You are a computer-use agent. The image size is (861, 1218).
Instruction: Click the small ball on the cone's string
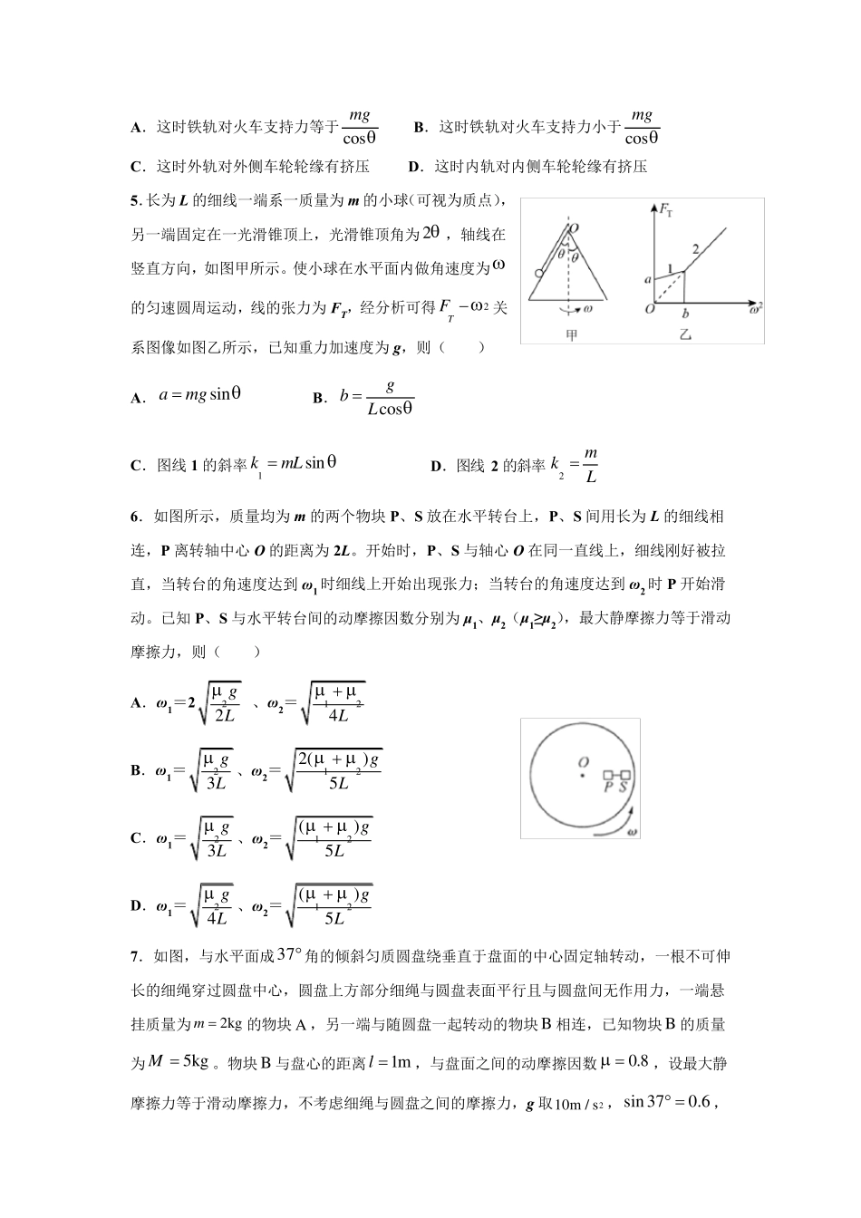tap(538, 272)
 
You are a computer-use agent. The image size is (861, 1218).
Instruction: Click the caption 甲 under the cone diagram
tap(571, 334)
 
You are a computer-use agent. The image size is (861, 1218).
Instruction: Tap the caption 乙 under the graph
tap(685, 334)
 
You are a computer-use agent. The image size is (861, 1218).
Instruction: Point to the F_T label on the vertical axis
tap(667, 210)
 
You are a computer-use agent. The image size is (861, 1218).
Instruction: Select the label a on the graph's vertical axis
tap(647, 280)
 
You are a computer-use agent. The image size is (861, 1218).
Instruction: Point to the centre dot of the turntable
tap(583, 775)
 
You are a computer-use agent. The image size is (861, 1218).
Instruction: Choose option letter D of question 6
tap(137, 904)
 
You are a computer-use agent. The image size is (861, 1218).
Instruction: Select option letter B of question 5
tap(318, 398)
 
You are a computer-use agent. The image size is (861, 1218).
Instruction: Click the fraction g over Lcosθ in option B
tap(390, 397)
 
